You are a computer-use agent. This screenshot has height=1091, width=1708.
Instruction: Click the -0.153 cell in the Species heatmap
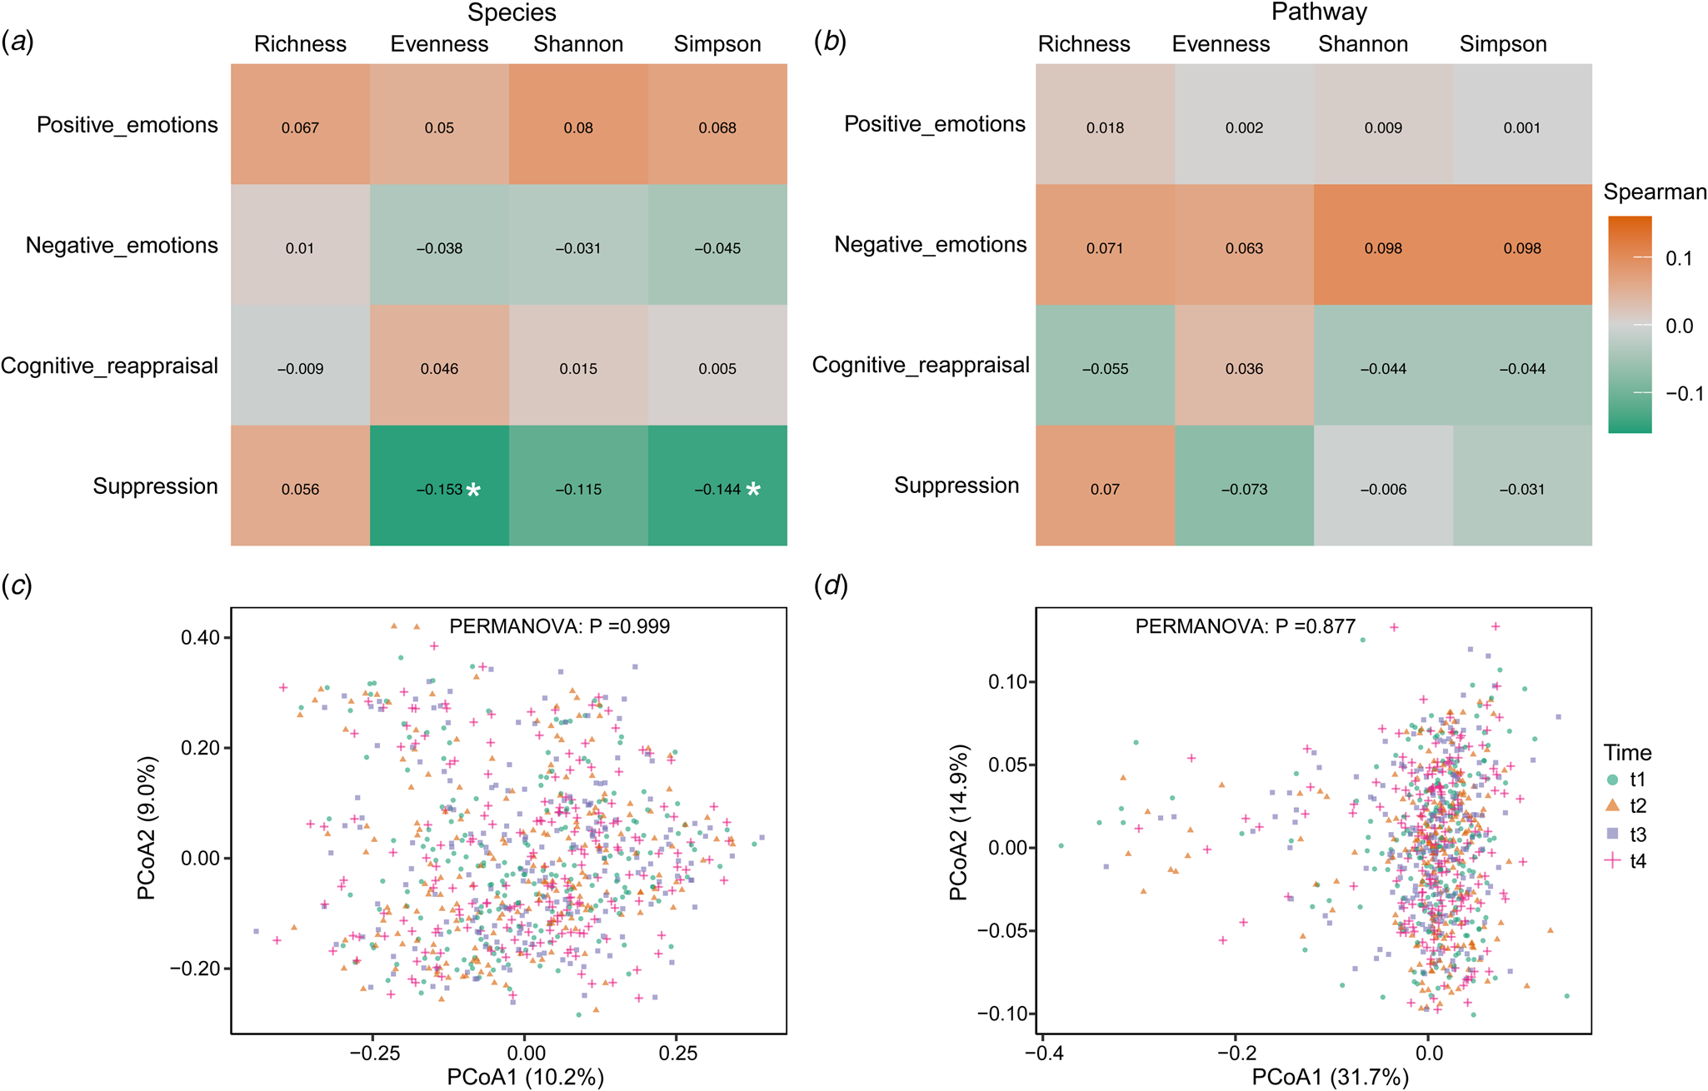click(x=439, y=489)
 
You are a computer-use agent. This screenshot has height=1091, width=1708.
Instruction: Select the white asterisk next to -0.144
click(x=753, y=490)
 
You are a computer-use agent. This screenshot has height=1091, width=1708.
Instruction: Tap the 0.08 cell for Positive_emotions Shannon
click(x=578, y=127)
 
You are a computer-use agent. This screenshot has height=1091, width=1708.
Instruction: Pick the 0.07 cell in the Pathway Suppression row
click(x=1105, y=489)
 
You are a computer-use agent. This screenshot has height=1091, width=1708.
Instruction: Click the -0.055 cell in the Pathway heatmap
click(x=1105, y=369)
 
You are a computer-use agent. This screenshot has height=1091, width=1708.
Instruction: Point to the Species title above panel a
click(x=512, y=12)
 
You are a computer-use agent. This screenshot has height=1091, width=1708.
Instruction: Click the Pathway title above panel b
click(x=1319, y=12)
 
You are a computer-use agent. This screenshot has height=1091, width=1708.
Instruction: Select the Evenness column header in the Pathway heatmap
click(x=1221, y=44)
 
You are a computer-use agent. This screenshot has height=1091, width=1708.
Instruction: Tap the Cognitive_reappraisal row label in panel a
click(x=109, y=366)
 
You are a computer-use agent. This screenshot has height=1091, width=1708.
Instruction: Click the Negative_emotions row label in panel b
click(x=930, y=245)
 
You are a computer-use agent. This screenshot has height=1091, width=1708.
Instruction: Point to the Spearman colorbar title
click(x=1655, y=192)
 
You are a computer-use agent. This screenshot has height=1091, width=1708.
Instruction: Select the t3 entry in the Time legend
click(x=1637, y=834)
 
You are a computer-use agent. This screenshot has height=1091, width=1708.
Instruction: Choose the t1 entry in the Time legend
click(x=1637, y=780)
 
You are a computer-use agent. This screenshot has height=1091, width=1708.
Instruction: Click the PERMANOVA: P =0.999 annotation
click(x=559, y=626)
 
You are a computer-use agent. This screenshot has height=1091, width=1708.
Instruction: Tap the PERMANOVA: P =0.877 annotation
click(x=1245, y=626)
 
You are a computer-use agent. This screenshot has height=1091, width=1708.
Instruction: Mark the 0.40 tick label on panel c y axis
click(x=200, y=638)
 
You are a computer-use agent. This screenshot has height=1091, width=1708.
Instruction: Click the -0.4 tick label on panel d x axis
click(x=1042, y=1054)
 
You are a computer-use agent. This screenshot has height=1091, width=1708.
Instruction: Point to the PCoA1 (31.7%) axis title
click(x=1330, y=1078)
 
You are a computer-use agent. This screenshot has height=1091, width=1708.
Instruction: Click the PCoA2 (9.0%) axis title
click(x=147, y=828)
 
